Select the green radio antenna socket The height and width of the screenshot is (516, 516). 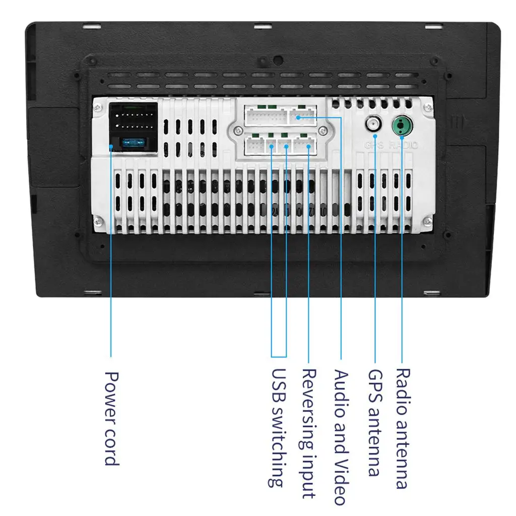tap(402, 124)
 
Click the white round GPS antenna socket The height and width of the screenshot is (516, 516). tap(374, 124)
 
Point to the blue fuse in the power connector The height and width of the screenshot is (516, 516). tap(134, 143)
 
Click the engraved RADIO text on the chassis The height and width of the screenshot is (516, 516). tap(407, 145)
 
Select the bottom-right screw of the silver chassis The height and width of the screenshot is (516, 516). tap(428, 219)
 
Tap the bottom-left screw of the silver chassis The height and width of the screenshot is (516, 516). tap(100, 219)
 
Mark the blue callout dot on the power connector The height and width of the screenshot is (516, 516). tap(111, 146)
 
